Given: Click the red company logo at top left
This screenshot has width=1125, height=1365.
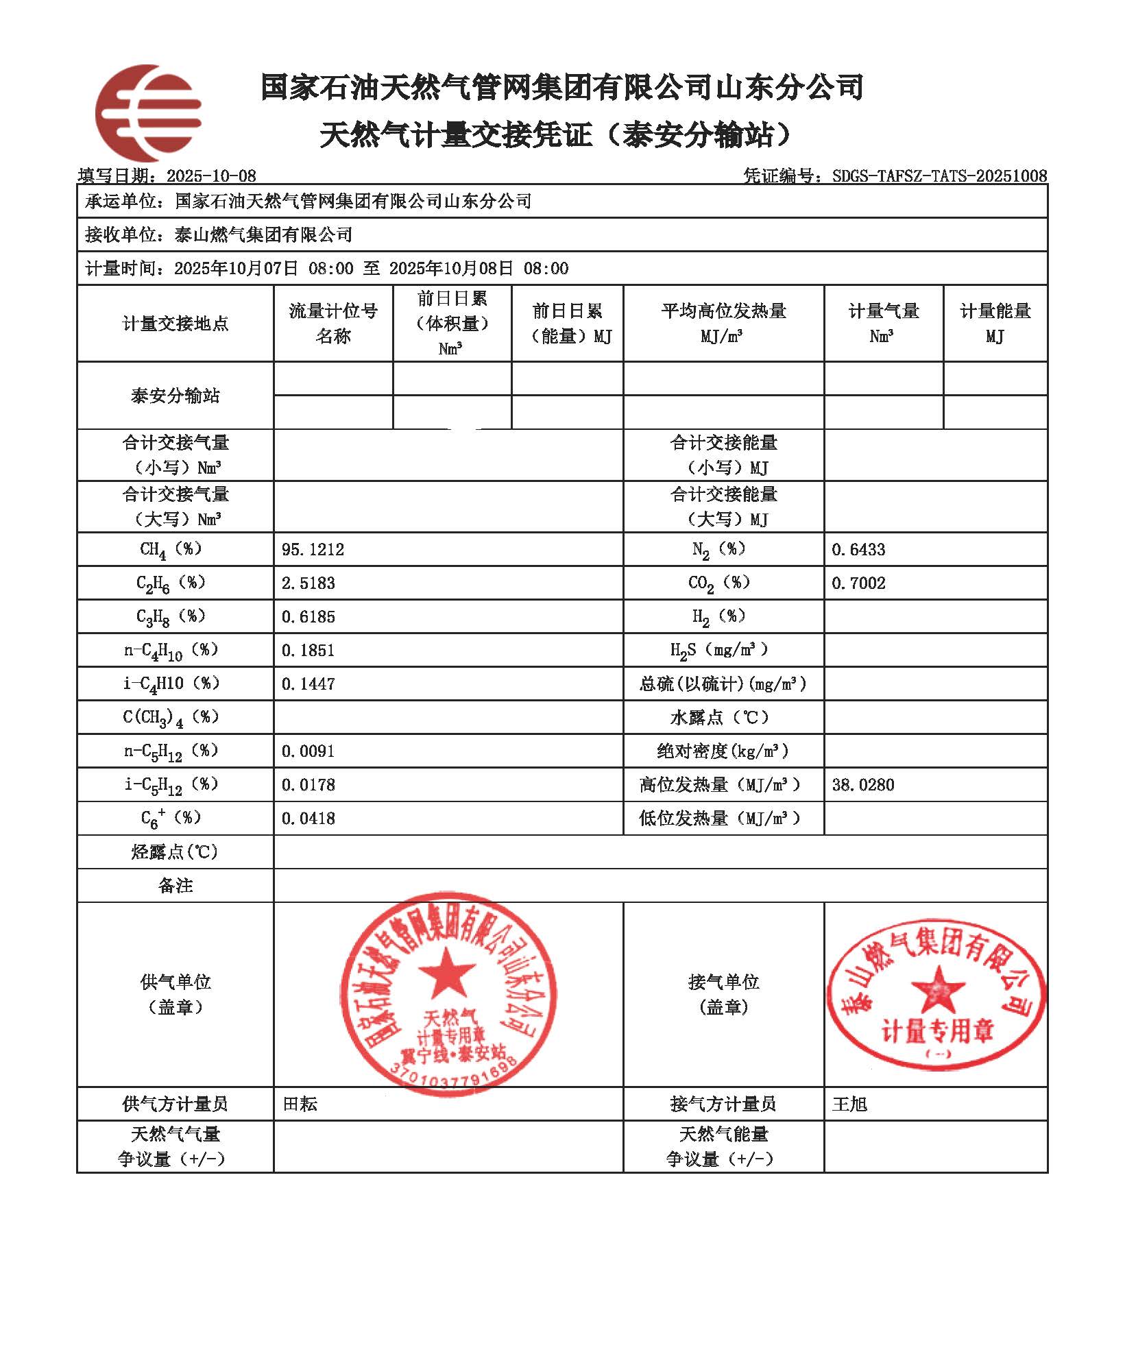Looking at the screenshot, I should pos(148,112).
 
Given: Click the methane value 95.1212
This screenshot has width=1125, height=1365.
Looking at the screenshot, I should pos(313,549).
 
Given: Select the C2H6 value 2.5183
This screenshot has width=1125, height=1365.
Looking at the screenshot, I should pos(309,583).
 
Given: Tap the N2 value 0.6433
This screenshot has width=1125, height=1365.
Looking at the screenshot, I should pos(858,549).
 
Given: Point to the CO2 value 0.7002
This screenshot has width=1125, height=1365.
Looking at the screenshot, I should pos(858,583).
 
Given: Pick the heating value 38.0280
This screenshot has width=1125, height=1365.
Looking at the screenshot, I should pos(863,784).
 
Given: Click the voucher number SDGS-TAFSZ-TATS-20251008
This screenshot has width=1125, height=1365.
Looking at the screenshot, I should pos(939,176).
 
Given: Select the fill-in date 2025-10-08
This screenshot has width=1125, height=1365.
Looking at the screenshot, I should pos(211,176).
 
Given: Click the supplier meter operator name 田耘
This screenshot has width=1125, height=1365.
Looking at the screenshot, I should pos(300,1104).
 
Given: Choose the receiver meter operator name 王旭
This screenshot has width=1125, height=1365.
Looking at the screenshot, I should pos(849,1104).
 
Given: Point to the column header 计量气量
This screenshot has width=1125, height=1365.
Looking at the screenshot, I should pos(883,311).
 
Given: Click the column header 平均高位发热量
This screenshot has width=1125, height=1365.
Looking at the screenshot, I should pos(723,311).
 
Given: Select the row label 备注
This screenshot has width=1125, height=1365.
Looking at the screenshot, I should pos(176,886).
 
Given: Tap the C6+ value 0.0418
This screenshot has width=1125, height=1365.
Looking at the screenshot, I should pos(309,818).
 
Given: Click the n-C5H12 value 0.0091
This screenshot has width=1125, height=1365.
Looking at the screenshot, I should pos(309,751).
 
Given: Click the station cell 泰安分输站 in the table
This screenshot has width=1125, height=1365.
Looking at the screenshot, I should pos(176,396).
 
